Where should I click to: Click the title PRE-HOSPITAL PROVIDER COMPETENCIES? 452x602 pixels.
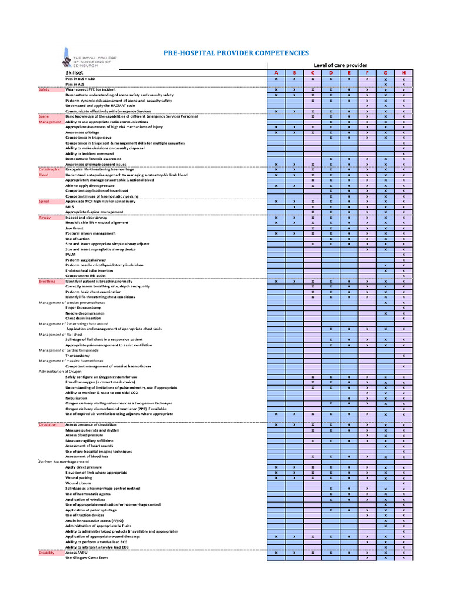[235, 53]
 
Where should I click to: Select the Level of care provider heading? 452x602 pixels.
[340, 65]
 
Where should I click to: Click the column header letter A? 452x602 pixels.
[276, 72]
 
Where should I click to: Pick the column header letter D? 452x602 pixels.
[331, 72]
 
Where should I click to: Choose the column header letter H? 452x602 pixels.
[403, 72]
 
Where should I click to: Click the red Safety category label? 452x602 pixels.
[44, 89]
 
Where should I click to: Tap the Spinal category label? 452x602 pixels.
[44, 201]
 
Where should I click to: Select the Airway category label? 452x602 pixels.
[45, 218]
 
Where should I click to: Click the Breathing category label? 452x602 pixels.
[47, 281]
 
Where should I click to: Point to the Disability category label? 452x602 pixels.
[47, 553]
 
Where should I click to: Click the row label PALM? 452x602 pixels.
[70, 255]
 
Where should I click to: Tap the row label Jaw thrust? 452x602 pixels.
[74, 228]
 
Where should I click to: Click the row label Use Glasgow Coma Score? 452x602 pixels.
[87, 558]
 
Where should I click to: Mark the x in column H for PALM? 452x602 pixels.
[403, 255]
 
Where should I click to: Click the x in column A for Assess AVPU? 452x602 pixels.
[276, 553]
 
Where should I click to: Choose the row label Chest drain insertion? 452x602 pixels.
[82, 318]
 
